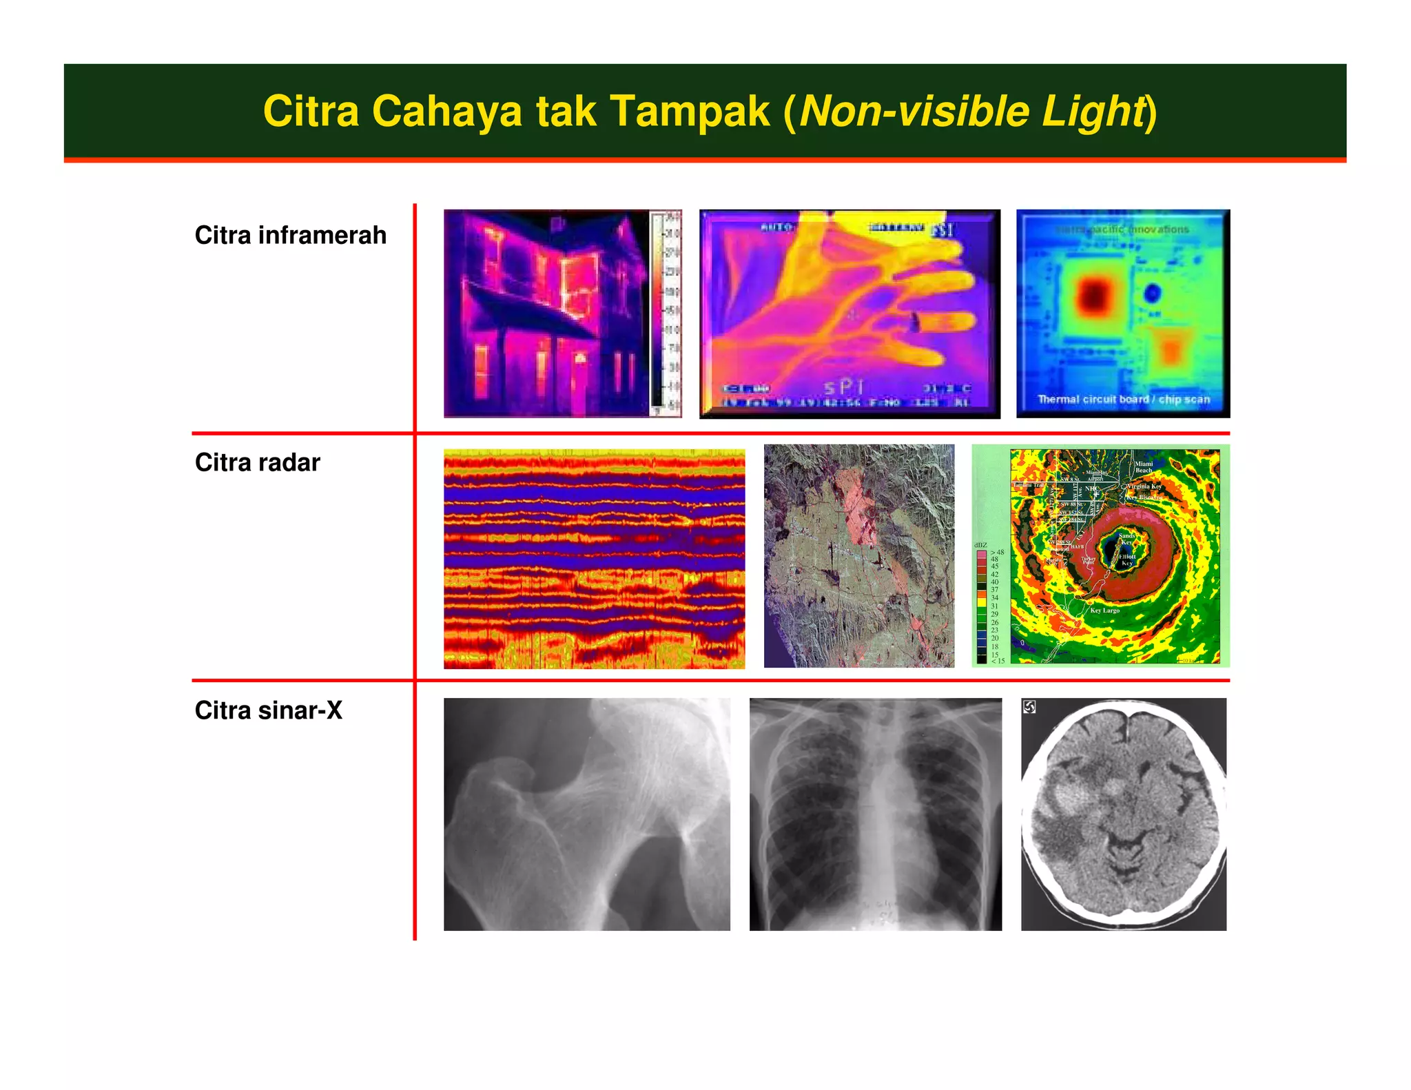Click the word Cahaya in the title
point(447,112)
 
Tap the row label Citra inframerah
point(290,236)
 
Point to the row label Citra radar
point(257,462)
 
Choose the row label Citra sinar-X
point(268,710)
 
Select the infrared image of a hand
point(849,313)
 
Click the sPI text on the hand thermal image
point(843,387)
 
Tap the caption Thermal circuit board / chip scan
point(1123,400)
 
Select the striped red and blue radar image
point(594,558)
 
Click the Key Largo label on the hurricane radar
point(1104,610)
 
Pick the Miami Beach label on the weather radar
point(1144,466)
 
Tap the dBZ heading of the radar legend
point(980,545)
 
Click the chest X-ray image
point(875,814)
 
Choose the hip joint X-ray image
point(586,814)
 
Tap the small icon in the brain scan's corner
point(1029,707)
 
